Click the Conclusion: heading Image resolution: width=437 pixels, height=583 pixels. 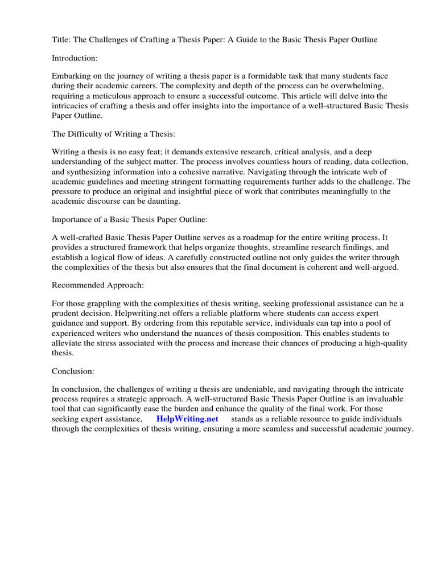click(73, 371)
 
